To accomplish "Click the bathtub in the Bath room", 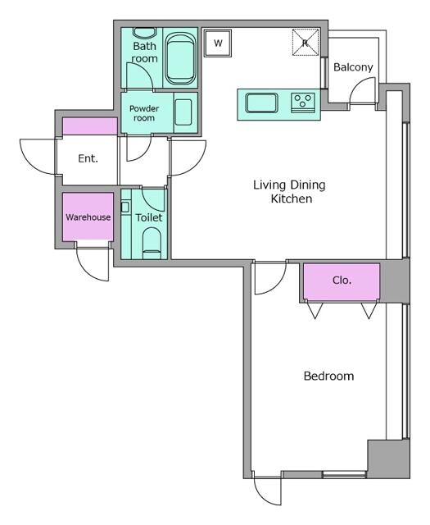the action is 180,58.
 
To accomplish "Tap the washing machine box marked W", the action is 218,43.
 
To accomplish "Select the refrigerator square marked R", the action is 306,42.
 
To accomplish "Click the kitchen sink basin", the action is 262,103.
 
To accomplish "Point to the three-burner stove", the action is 303,103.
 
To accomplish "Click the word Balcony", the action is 353,67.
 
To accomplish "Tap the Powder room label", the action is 144,113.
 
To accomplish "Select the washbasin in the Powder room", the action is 183,112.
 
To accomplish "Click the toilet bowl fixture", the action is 152,243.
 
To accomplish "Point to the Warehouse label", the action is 88,217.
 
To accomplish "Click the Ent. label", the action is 88,158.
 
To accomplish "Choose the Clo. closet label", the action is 342,281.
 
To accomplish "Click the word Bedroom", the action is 328,376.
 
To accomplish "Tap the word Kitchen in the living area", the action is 292,199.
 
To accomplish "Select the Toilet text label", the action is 149,217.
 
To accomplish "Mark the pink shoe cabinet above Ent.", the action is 90,126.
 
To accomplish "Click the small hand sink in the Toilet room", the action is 125,208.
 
